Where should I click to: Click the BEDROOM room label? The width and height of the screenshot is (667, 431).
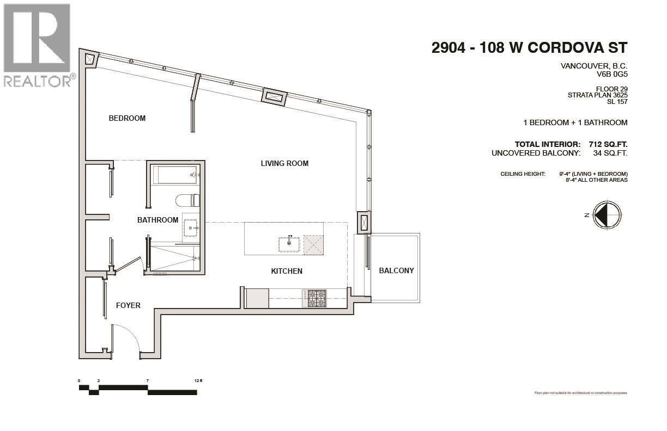coord(127,118)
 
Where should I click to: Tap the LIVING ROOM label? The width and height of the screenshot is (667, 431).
coord(284,163)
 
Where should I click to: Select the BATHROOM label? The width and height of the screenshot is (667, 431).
coord(157,220)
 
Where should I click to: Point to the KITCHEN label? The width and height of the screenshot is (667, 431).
coord(287,271)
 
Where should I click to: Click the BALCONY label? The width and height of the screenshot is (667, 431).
coord(396,270)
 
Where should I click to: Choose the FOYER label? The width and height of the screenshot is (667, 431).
coord(128,305)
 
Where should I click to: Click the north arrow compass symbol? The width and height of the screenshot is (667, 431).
coord(607,214)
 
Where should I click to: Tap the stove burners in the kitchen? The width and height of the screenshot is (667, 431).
coord(317,298)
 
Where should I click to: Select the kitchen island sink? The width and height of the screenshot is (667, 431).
coord(289,244)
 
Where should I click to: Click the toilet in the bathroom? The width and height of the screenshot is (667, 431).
coord(186,201)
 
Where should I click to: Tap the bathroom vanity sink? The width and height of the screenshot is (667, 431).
coord(191,229)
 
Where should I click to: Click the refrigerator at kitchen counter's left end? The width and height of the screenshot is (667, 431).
coord(257,298)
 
